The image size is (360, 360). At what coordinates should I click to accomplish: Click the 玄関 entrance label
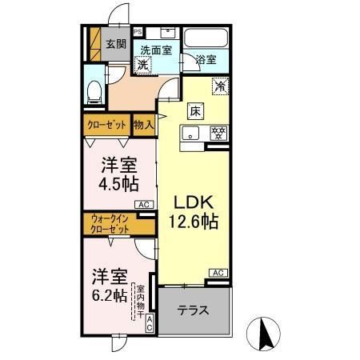[x=115, y=44]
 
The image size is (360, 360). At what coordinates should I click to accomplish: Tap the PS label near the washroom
[x=138, y=32]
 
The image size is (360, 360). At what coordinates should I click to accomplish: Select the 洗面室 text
[x=157, y=50]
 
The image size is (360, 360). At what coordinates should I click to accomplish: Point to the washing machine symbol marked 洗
[x=142, y=65]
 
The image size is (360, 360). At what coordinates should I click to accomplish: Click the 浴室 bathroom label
[x=206, y=59]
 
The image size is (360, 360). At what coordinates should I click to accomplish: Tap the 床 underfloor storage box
[x=194, y=110]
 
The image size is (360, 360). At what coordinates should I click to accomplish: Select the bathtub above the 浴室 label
[x=206, y=38]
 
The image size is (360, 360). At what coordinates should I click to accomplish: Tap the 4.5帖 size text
[x=118, y=183]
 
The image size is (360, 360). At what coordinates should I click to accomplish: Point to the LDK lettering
[x=192, y=200]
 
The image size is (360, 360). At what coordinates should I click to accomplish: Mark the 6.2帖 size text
[x=106, y=294]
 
